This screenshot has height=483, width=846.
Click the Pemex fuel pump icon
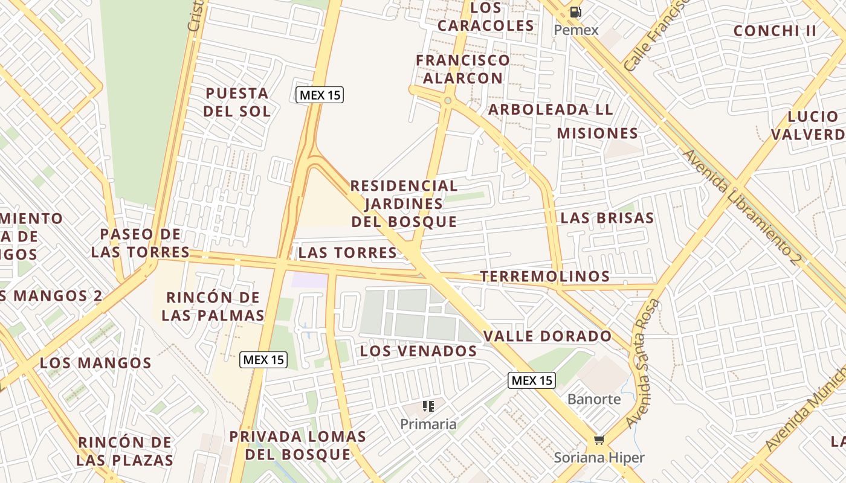[x=575, y=11]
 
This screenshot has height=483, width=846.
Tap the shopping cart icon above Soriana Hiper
[x=599, y=440]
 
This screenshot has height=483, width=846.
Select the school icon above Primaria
[x=428, y=406]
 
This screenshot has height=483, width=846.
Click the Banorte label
[x=594, y=399]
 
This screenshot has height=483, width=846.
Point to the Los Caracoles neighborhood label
[x=486, y=16]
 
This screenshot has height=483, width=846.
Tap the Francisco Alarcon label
[x=463, y=69]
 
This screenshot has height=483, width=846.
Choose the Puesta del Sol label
[x=237, y=102]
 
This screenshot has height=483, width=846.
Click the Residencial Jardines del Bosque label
[x=404, y=203]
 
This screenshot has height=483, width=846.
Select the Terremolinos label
[x=544, y=277]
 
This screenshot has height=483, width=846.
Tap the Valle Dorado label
[x=547, y=336]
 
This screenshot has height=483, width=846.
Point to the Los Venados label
[x=418, y=351]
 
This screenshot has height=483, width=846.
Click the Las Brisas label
[x=607, y=218]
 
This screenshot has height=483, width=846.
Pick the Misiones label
[x=597, y=133]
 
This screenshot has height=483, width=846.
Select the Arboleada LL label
[x=551, y=110]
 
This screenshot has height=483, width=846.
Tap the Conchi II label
[x=775, y=31]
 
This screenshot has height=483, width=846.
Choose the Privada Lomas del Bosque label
[x=298, y=445]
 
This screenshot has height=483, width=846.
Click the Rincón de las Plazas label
[x=125, y=451]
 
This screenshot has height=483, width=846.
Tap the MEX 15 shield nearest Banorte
[x=531, y=380]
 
